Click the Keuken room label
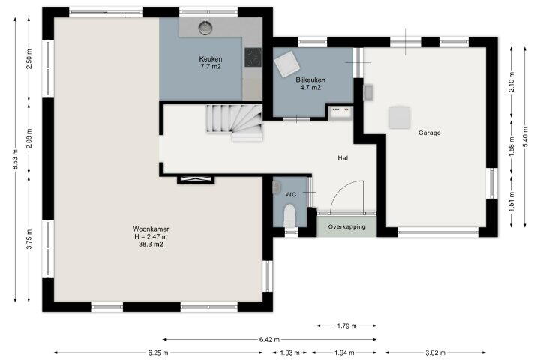click(211, 59)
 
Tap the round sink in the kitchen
click(205, 28)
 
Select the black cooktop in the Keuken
click(253, 57)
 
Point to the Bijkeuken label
click(310, 79)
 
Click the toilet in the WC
click(289, 215)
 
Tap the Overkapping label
click(346, 227)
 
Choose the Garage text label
click(430, 133)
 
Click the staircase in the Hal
click(235, 122)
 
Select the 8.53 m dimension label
click(15, 160)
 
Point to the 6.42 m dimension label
click(269, 339)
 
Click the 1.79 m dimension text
click(346, 325)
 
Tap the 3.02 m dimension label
click(435, 352)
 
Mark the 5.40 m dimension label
click(525, 137)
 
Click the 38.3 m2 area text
click(151, 244)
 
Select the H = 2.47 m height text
click(151, 237)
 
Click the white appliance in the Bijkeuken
click(286, 64)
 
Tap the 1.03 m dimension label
click(289, 352)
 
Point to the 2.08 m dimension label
click(29, 138)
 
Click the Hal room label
click(343, 157)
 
